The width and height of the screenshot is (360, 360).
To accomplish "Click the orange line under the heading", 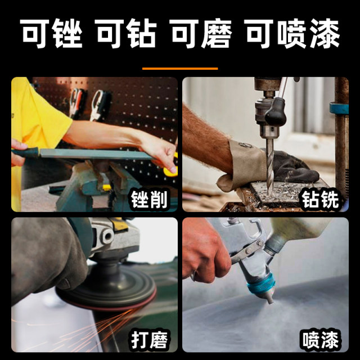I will (179, 69).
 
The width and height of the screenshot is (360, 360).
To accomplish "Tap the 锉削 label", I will (150, 199).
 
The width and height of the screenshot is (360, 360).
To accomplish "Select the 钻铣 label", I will (321, 199).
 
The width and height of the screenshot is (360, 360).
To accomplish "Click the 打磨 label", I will (150, 339).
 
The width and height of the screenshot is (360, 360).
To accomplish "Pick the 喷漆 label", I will (321, 339).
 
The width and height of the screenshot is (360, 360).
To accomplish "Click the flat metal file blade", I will (90, 154).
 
